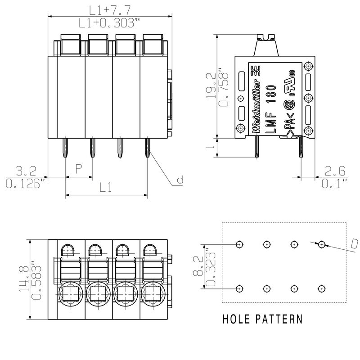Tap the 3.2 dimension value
25,171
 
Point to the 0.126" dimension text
25,184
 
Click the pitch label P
78,169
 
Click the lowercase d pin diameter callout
180,181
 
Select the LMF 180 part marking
270,108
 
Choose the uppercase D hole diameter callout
354,243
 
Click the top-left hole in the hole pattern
239,244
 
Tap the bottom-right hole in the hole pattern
321,288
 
